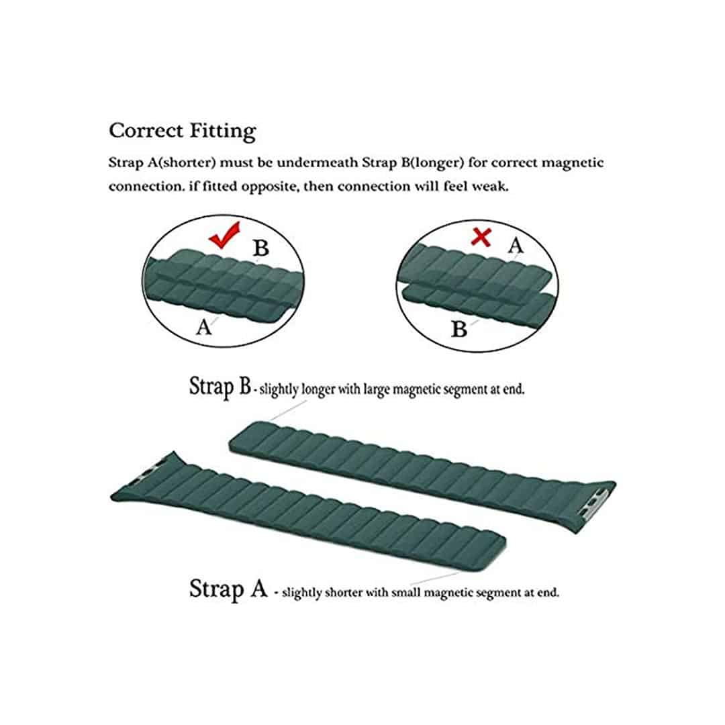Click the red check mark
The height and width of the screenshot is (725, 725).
click(224, 237)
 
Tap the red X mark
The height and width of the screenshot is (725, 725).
click(481, 236)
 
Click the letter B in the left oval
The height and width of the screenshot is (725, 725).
click(261, 249)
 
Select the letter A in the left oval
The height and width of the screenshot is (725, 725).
click(203, 328)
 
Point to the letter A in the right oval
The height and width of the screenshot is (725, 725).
click(514, 245)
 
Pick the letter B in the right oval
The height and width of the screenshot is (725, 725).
click(460, 329)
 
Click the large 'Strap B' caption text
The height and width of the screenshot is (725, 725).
click(220, 387)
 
